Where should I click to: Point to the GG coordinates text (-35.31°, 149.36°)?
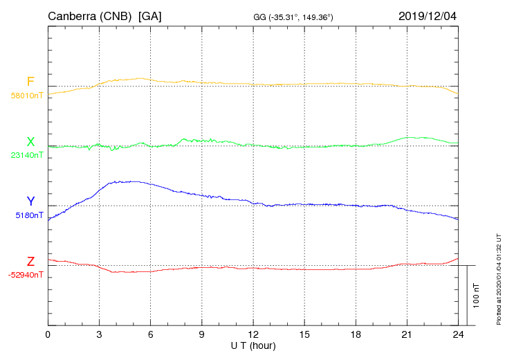294,17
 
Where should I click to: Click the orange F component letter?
30,82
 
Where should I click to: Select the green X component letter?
30,142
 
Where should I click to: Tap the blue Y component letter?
30,201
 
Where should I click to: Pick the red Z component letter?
30,261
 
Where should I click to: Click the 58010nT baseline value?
27,96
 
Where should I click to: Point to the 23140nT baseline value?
27,156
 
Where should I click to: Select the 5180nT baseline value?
29,215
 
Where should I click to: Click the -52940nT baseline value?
26,275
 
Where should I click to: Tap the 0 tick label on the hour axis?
48,334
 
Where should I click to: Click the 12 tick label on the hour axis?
253,334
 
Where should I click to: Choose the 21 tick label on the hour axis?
407,334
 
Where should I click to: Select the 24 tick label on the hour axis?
458,334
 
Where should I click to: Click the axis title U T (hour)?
252,345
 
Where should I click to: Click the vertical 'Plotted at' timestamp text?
499,278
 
